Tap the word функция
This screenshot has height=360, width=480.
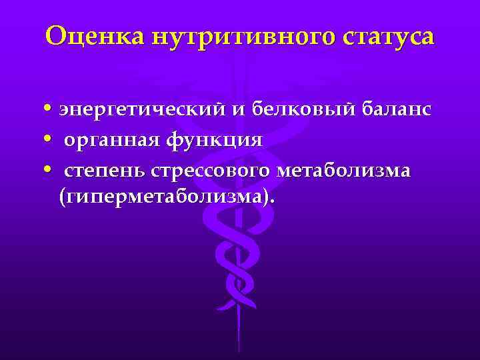(x=217, y=141)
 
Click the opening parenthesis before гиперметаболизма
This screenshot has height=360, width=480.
(x=62, y=197)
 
